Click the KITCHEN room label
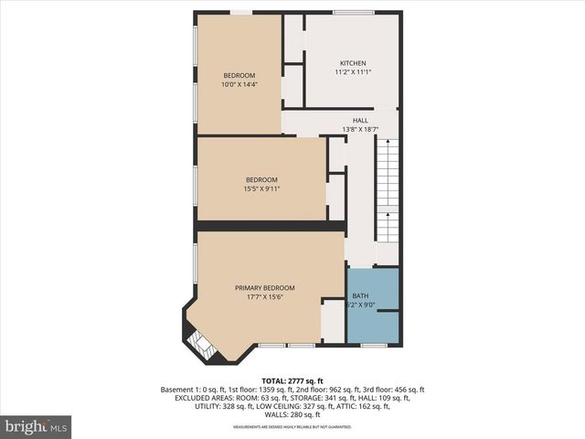pyautogui.click(x=353, y=62)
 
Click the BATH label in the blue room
pyautogui.click(x=361, y=296)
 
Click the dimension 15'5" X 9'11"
pyautogui.click(x=261, y=189)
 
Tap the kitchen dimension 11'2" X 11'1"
pyautogui.click(x=353, y=72)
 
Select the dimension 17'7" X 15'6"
pyautogui.click(x=264, y=297)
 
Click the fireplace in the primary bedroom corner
pyautogui.click(x=198, y=346)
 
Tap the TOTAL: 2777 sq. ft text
pyautogui.click(x=292, y=380)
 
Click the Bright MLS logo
pyautogui.click(x=37, y=425)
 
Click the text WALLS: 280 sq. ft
pyautogui.click(x=292, y=414)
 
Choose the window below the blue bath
pyautogui.click(x=371, y=346)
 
